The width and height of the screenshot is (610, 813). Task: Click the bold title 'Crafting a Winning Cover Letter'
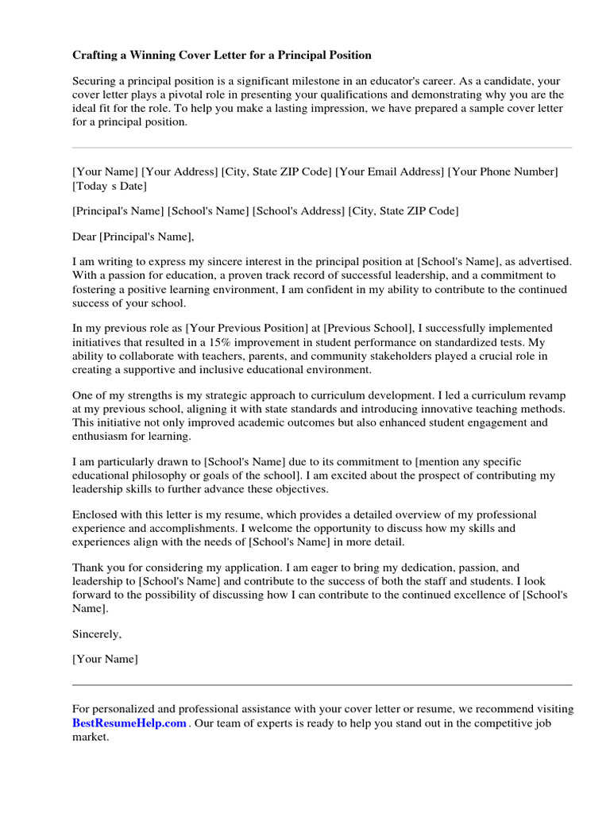(x=222, y=55)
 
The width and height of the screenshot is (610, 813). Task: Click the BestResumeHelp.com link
(x=129, y=723)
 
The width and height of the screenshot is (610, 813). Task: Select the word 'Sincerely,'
(x=97, y=634)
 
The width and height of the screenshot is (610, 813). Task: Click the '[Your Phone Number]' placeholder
(x=503, y=171)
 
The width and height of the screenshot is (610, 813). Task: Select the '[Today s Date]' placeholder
(x=109, y=186)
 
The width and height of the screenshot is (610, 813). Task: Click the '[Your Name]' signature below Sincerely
(x=105, y=659)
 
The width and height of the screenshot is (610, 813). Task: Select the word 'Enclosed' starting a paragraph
(x=95, y=514)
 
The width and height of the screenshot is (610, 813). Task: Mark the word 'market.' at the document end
(x=91, y=737)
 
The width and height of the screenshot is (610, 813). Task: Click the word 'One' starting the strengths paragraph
(x=83, y=395)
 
